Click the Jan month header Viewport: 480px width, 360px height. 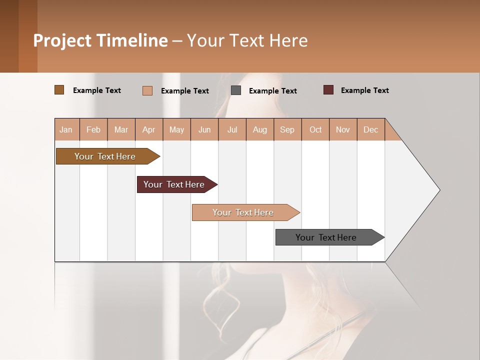coord(66,129)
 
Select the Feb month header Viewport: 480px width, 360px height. coord(93,129)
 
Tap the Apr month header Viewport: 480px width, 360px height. coord(148,129)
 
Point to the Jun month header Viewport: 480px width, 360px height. coord(204,129)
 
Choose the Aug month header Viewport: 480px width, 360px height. coord(259,129)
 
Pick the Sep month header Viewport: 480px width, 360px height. coord(287,129)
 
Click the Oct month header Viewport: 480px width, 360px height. coord(315,129)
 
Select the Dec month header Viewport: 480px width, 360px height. coord(370,129)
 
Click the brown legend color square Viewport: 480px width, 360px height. coord(59,90)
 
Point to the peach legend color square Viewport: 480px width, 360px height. coord(147,90)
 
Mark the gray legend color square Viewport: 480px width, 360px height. coord(236,90)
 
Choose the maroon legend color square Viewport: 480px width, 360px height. coord(328,90)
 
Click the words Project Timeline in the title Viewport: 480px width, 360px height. coord(100,40)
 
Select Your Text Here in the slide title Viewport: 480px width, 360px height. coord(247,40)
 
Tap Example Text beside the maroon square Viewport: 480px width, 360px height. coord(364,90)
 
